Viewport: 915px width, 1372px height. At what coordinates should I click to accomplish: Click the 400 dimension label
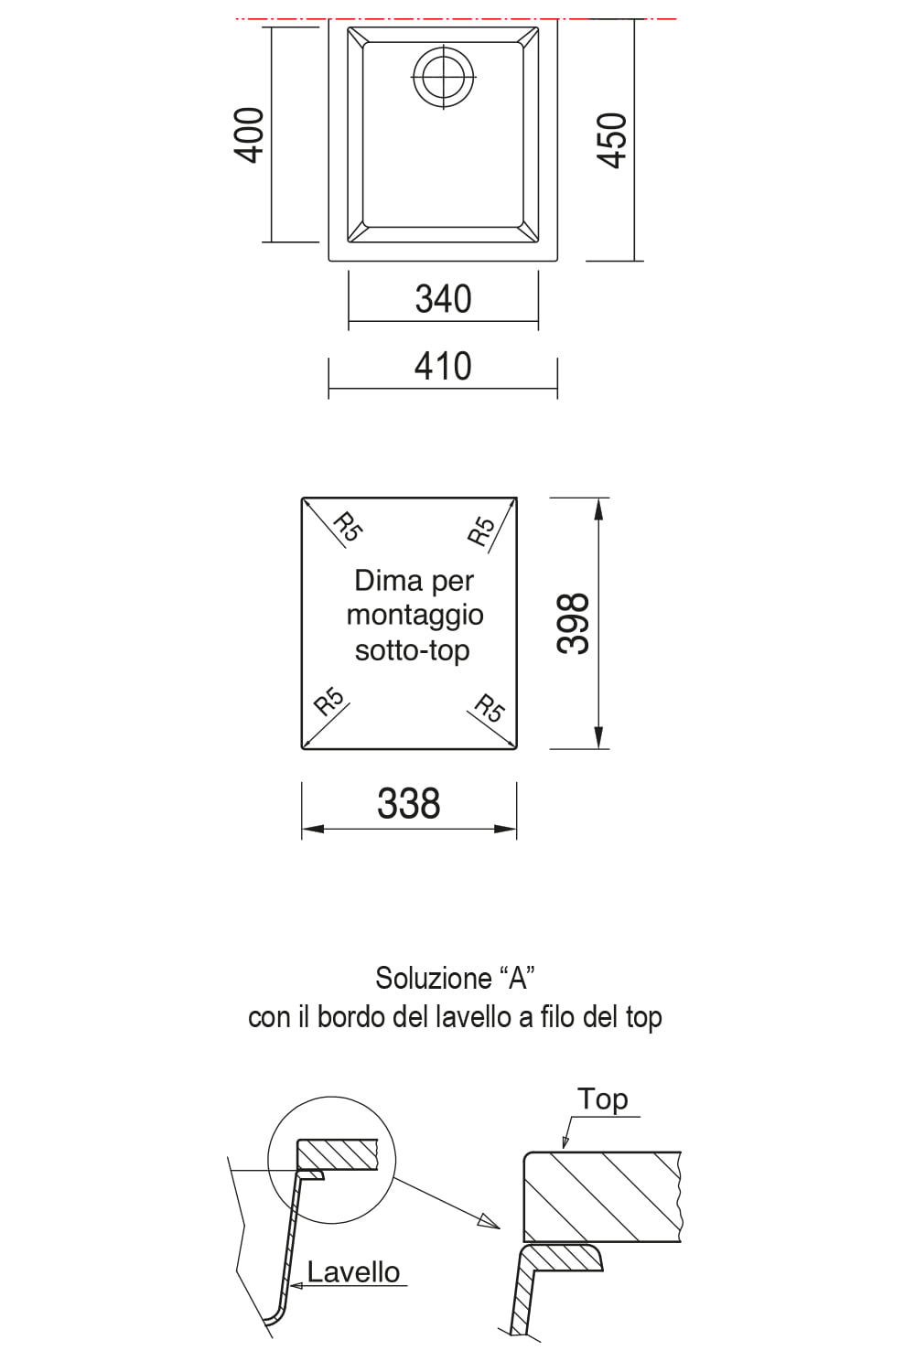[250, 135]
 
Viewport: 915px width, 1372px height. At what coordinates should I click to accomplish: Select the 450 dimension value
[612, 140]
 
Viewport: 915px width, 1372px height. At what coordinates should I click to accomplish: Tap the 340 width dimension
[443, 299]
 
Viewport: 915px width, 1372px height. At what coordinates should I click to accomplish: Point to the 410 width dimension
[443, 366]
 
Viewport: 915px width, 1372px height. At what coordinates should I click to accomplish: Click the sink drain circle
[443, 78]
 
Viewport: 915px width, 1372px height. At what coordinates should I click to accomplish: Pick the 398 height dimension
[573, 624]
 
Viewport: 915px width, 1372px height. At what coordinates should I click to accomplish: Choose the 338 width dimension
[409, 803]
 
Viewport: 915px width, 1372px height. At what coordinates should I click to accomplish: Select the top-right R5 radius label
[481, 531]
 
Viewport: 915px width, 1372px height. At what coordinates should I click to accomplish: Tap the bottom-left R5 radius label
[329, 702]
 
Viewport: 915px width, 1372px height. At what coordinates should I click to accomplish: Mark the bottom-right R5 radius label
[490, 708]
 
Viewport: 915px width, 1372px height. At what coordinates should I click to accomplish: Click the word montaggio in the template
[414, 616]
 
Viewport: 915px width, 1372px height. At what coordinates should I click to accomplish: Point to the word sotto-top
[413, 649]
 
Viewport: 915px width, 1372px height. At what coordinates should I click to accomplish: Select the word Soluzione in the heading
[434, 978]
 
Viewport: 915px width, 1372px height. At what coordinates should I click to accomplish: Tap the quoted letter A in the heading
[518, 978]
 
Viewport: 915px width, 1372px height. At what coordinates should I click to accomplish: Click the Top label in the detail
[602, 1099]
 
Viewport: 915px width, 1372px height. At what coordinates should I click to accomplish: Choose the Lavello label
[353, 1272]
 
